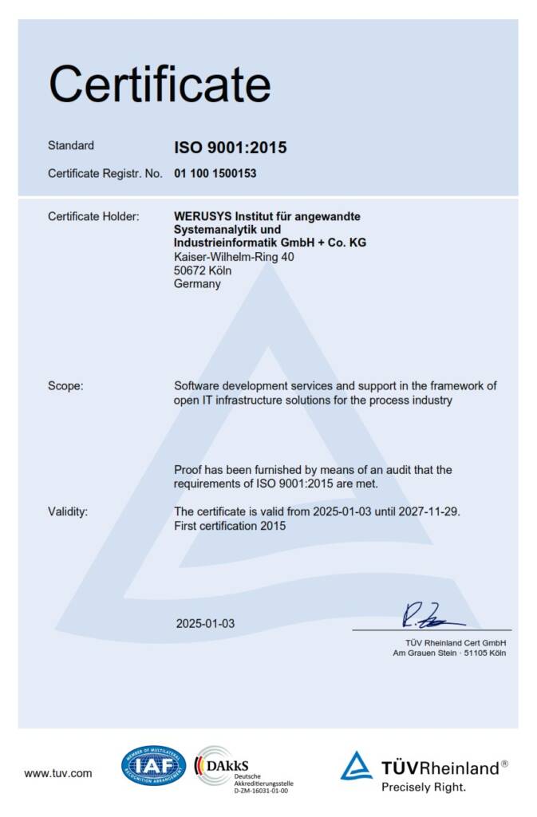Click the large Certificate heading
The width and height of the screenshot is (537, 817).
click(160, 82)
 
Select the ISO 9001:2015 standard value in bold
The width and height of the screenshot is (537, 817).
click(231, 147)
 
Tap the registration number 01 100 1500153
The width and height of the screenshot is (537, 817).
click(215, 173)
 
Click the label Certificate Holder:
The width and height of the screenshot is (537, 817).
click(93, 216)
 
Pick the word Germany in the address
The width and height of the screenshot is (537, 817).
click(197, 284)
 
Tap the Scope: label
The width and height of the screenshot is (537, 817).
click(65, 386)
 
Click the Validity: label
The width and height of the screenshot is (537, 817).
click(68, 511)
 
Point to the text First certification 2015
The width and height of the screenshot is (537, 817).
click(230, 526)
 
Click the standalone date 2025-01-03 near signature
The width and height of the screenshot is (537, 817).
click(206, 623)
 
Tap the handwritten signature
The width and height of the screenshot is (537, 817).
click(431, 615)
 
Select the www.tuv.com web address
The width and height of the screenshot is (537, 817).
click(58, 772)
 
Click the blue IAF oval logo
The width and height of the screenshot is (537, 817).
click(153, 766)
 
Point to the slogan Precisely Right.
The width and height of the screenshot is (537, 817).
click(423, 787)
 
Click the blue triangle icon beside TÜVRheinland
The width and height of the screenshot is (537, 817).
click(357, 766)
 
